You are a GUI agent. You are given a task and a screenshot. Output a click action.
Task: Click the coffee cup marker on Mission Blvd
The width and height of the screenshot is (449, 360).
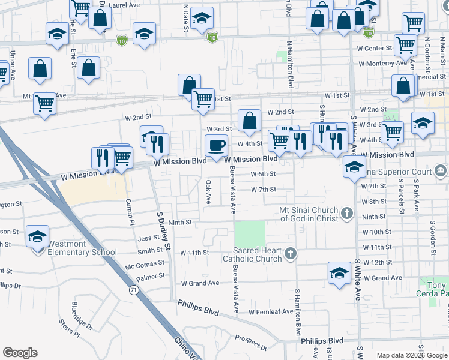(217, 145)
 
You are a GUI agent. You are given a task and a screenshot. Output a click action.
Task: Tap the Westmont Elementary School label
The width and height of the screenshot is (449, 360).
(74, 252)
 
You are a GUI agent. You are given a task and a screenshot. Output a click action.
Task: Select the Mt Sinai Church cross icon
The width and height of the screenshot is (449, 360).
(346, 213)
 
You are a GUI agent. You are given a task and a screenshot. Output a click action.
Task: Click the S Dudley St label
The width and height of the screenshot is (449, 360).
(163, 230)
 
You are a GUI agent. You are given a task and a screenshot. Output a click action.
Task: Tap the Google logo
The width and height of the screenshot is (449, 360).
(20, 353)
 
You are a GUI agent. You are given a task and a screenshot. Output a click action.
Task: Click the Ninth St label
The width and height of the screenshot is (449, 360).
(179, 222)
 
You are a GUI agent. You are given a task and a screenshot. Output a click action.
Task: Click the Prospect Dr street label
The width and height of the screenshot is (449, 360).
(250, 342)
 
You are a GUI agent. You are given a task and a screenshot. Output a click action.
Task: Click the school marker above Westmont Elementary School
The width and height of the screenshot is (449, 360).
(37, 236)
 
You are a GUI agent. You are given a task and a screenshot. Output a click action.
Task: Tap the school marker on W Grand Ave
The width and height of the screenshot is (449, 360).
(339, 272)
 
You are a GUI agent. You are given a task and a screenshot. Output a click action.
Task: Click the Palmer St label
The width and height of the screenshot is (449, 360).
(150, 277)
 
